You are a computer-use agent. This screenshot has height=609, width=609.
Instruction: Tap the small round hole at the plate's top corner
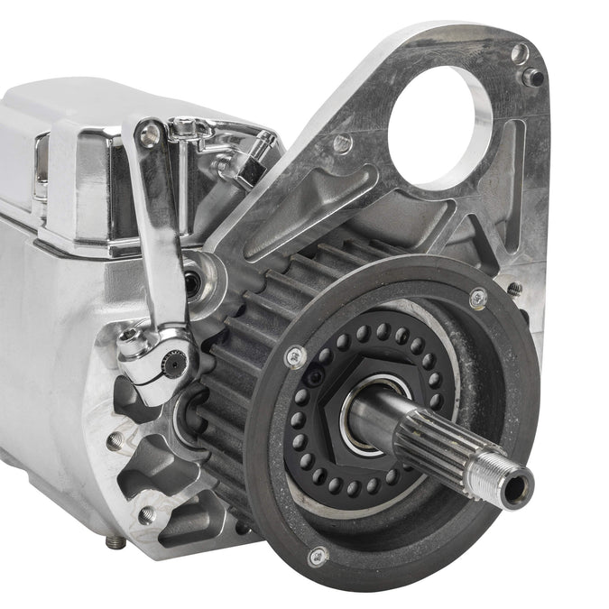[519, 53]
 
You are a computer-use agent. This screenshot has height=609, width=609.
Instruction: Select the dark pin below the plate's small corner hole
[533, 77]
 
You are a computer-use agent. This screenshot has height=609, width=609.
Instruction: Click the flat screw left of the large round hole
[342, 143]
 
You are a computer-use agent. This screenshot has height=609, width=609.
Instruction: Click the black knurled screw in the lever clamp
[178, 365]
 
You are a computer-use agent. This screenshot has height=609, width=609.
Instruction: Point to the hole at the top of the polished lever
[150, 135]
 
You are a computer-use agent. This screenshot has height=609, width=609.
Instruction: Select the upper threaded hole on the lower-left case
[115, 441]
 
